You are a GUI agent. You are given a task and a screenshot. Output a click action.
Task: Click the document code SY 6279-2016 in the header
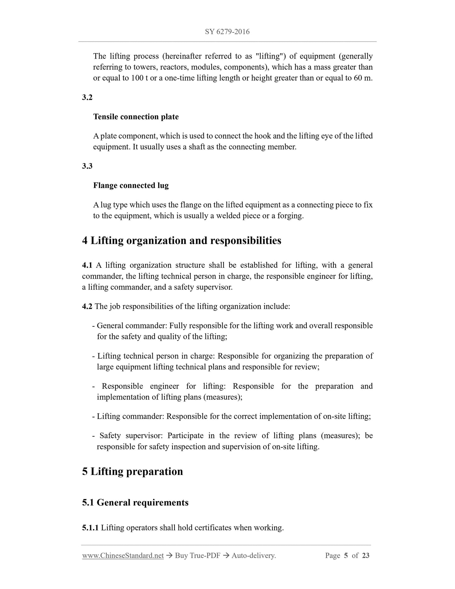click(x=227, y=31)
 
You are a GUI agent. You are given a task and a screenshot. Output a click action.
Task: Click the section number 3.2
click(x=87, y=97)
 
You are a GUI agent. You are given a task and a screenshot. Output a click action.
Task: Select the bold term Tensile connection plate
click(x=136, y=117)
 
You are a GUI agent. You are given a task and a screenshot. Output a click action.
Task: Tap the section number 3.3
click(x=87, y=166)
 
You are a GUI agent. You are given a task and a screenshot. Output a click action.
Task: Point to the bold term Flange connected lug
click(x=131, y=186)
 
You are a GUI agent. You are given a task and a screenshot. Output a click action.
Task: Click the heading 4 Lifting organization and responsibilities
click(x=182, y=241)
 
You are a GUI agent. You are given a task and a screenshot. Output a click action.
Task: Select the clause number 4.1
click(x=87, y=265)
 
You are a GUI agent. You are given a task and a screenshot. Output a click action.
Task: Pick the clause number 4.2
click(x=87, y=306)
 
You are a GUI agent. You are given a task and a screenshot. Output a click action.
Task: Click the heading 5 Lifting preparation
click(x=133, y=472)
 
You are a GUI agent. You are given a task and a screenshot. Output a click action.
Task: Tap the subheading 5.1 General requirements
click(x=135, y=502)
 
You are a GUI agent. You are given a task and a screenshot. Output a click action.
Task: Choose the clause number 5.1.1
click(x=90, y=528)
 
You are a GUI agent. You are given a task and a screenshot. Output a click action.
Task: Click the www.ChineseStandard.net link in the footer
click(x=123, y=556)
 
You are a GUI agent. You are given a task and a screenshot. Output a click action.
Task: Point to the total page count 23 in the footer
click(x=366, y=556)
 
